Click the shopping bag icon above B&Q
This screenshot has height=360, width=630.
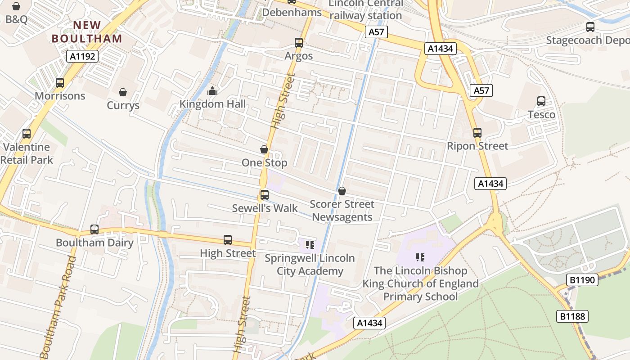[16, 6]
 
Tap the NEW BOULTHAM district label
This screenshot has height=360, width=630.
[87, 32]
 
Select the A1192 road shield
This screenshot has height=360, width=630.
[82, 56]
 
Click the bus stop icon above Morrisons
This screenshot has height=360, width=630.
[60, 83]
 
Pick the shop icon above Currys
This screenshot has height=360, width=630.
[123, 92]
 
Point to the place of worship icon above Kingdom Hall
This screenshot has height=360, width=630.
[212, 91]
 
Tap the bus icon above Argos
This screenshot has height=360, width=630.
[299, 43]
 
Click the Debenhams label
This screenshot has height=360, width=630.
[292, 13]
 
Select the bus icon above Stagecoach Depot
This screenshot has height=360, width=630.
[590, 27]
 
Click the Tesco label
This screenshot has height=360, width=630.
[541, 114]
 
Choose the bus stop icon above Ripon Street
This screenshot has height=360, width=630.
[477, 133]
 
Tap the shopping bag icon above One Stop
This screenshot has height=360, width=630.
[264, 149]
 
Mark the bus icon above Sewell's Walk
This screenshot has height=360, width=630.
[265, 195]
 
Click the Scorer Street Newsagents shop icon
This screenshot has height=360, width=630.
[342, 191]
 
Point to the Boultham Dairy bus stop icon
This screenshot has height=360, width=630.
[94, 229]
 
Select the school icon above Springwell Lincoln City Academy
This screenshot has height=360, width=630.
[310, 245]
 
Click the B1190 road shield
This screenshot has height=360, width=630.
[582, 280]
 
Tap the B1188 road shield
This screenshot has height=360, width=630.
[573, 316]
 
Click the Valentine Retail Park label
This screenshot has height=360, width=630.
[27, 153]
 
